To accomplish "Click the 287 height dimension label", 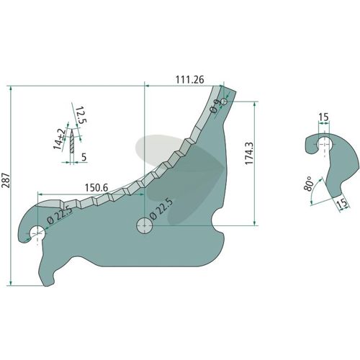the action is [x=6, y=180].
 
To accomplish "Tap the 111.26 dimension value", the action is [x=189, y=79].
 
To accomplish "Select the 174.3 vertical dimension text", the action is [x=249, y=153].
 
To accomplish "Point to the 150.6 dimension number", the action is [x=96, y=188].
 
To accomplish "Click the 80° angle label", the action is [x=309, y=184].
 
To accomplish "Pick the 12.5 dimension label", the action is [x=81, y=115].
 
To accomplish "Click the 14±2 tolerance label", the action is [x=59, y=139].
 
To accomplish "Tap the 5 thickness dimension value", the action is [x=84, y=157].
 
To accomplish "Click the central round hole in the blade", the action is [x=145, y=225].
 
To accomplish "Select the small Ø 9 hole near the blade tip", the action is [x=224, y=102].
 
